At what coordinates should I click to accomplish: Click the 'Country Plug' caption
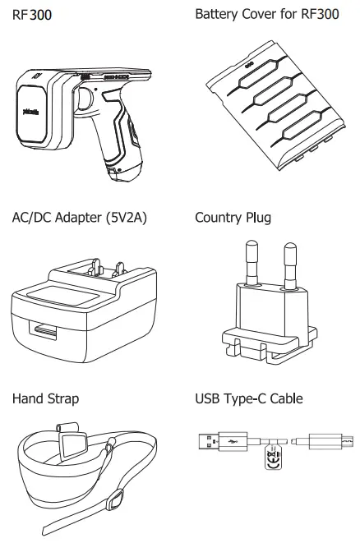click(x=233, y=219)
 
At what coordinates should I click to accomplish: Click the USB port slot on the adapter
click(x=46, y=332)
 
